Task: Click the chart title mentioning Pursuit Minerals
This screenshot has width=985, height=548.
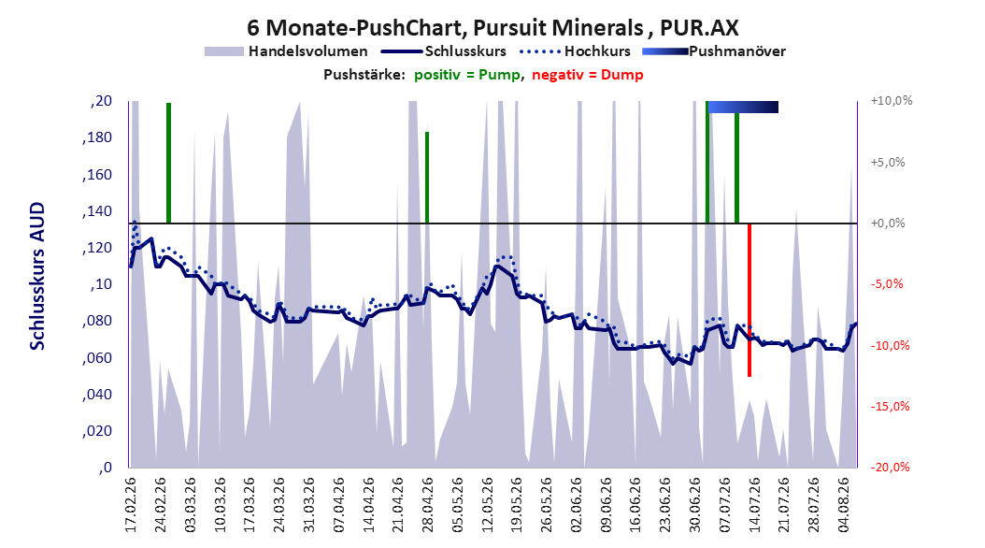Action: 492,28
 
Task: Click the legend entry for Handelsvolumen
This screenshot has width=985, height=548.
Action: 286,51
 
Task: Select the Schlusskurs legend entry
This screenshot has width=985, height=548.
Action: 443,51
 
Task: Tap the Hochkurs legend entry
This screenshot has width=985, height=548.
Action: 576,51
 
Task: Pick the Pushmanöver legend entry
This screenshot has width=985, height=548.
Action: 714,51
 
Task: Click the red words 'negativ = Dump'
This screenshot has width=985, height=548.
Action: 588,75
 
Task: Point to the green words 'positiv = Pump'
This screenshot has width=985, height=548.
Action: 466,75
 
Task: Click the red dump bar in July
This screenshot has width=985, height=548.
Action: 749,300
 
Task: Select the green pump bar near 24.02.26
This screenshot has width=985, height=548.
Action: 168,163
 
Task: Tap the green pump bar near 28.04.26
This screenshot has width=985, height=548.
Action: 427,178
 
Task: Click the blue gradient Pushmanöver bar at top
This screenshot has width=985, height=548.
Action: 743,107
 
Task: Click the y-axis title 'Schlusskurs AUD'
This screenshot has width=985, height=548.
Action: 37,276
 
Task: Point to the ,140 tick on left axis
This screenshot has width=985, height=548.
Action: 97,211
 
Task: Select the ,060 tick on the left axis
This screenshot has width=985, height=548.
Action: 97,358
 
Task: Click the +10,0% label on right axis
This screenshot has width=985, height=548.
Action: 892,101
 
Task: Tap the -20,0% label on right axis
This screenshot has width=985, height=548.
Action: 890,467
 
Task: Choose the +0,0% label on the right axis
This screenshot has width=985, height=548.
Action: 888,224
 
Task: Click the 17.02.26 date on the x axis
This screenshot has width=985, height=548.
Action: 131,505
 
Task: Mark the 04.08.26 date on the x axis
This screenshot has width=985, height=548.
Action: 843,505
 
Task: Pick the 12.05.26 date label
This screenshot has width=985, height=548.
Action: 487,505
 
